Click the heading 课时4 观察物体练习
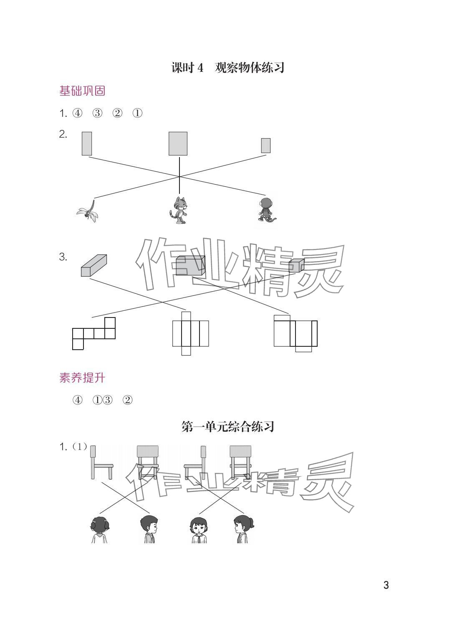228,68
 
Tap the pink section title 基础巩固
82,91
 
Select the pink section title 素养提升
82,378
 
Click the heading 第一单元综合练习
228,427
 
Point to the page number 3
386,585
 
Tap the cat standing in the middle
179,210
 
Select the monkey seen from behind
266,211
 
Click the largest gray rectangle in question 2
178,144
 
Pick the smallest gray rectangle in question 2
266,145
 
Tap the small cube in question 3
296,266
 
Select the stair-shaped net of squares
94,333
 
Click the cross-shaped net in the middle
190,333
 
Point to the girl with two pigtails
99,529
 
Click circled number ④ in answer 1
77,113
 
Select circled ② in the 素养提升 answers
128,400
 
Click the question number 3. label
63,257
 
